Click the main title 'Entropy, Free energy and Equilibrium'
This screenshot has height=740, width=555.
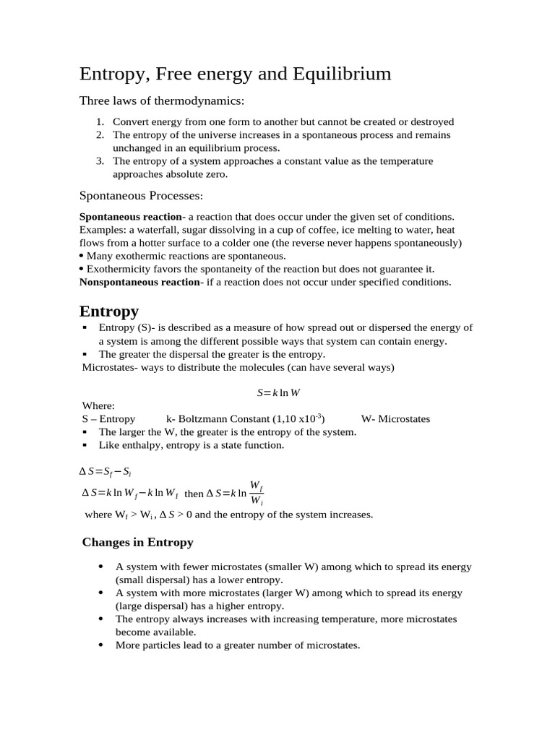click(235, 74)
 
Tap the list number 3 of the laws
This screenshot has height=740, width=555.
click(100, 161)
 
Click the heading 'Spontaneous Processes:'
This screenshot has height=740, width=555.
click(141, 195)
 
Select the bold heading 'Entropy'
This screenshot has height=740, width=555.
click(108, 311)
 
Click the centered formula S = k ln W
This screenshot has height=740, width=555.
click(278, 392)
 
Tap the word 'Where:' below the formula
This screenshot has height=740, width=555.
click(98, 406)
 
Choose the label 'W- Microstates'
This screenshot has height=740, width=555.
click(395, 419)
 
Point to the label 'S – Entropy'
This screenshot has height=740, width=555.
click(108, 419)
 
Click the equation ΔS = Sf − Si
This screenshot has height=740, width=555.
click(105, 472)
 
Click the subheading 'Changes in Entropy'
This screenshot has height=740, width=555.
click(137, 542)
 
